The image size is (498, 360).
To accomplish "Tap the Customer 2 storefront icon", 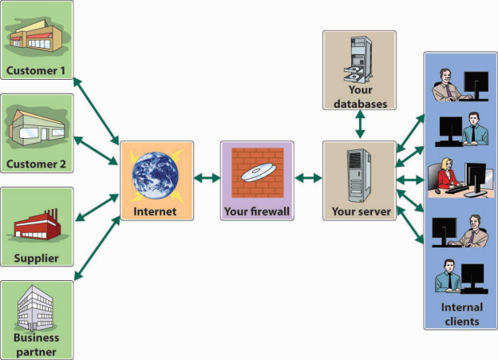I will [x=36, y=126].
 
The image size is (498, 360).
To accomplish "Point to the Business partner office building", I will [x=37, y=307].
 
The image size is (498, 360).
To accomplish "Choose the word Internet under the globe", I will [x=156, y=212].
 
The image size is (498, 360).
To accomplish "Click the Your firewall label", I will [x=257, y=212].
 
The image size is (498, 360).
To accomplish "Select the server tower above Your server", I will [x=358, y=176].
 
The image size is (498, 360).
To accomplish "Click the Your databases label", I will [x=359, y=97].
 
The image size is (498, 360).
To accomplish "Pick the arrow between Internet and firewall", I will [x=207, y=177].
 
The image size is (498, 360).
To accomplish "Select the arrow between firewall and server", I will [x=307, y=177].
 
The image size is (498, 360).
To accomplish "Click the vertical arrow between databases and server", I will [x=359, y=125].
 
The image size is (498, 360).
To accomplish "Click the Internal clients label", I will [x=460, y=315].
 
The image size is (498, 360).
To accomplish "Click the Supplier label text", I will [x=37, y=259].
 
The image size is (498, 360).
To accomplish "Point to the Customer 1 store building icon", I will [x=35, y=35].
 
